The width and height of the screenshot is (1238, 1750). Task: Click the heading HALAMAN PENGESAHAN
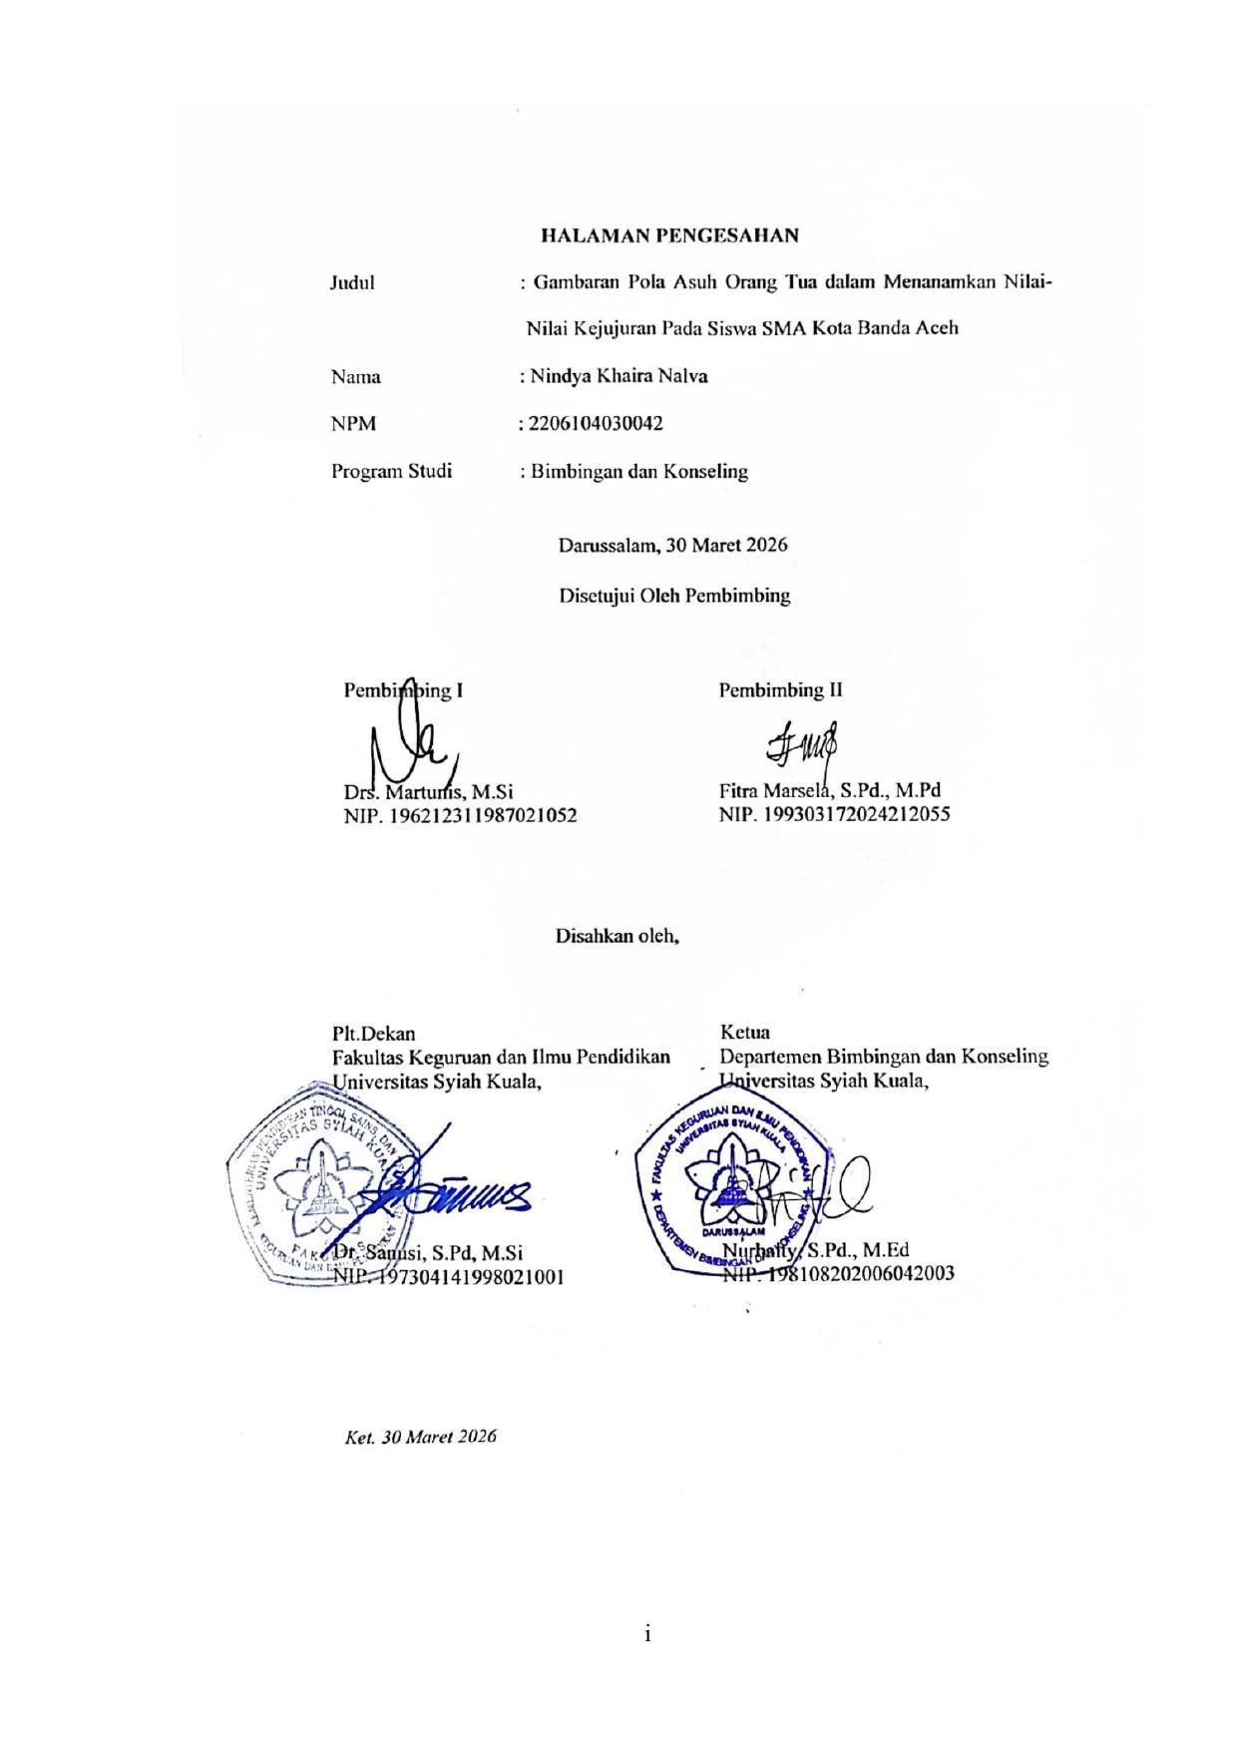point(669,236)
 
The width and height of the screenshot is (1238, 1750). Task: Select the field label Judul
point(352,283)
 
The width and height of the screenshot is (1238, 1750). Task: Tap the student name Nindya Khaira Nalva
point(619,376)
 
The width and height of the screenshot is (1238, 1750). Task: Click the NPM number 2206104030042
point(596,423)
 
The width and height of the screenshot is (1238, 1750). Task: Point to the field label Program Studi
point(391,471)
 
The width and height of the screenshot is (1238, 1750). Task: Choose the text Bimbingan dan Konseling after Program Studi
point(638,471)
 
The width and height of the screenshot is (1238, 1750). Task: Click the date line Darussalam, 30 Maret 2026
point(672,545)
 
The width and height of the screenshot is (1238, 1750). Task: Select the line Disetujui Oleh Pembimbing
point(674,596)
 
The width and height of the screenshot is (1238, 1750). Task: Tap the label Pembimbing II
point(780,689)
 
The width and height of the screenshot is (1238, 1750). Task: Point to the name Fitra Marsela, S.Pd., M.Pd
point(829,790)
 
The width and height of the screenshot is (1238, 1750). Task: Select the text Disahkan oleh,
point(618,937)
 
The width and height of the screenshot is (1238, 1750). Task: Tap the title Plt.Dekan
point(373,1034)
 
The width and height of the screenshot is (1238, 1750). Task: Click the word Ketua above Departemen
point(744,1032)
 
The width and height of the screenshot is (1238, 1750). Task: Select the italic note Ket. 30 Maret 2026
point(420,1437)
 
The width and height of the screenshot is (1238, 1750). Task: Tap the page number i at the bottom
point(647,1633)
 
